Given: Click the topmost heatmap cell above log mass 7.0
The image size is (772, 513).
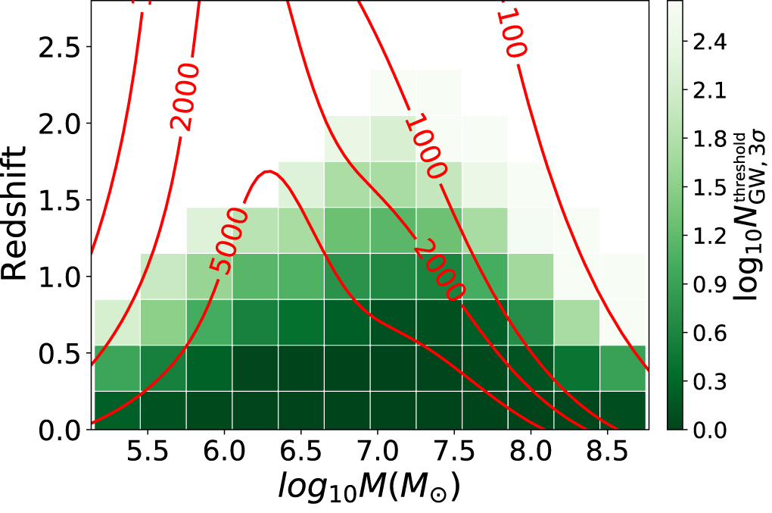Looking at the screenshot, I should (394, 92).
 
